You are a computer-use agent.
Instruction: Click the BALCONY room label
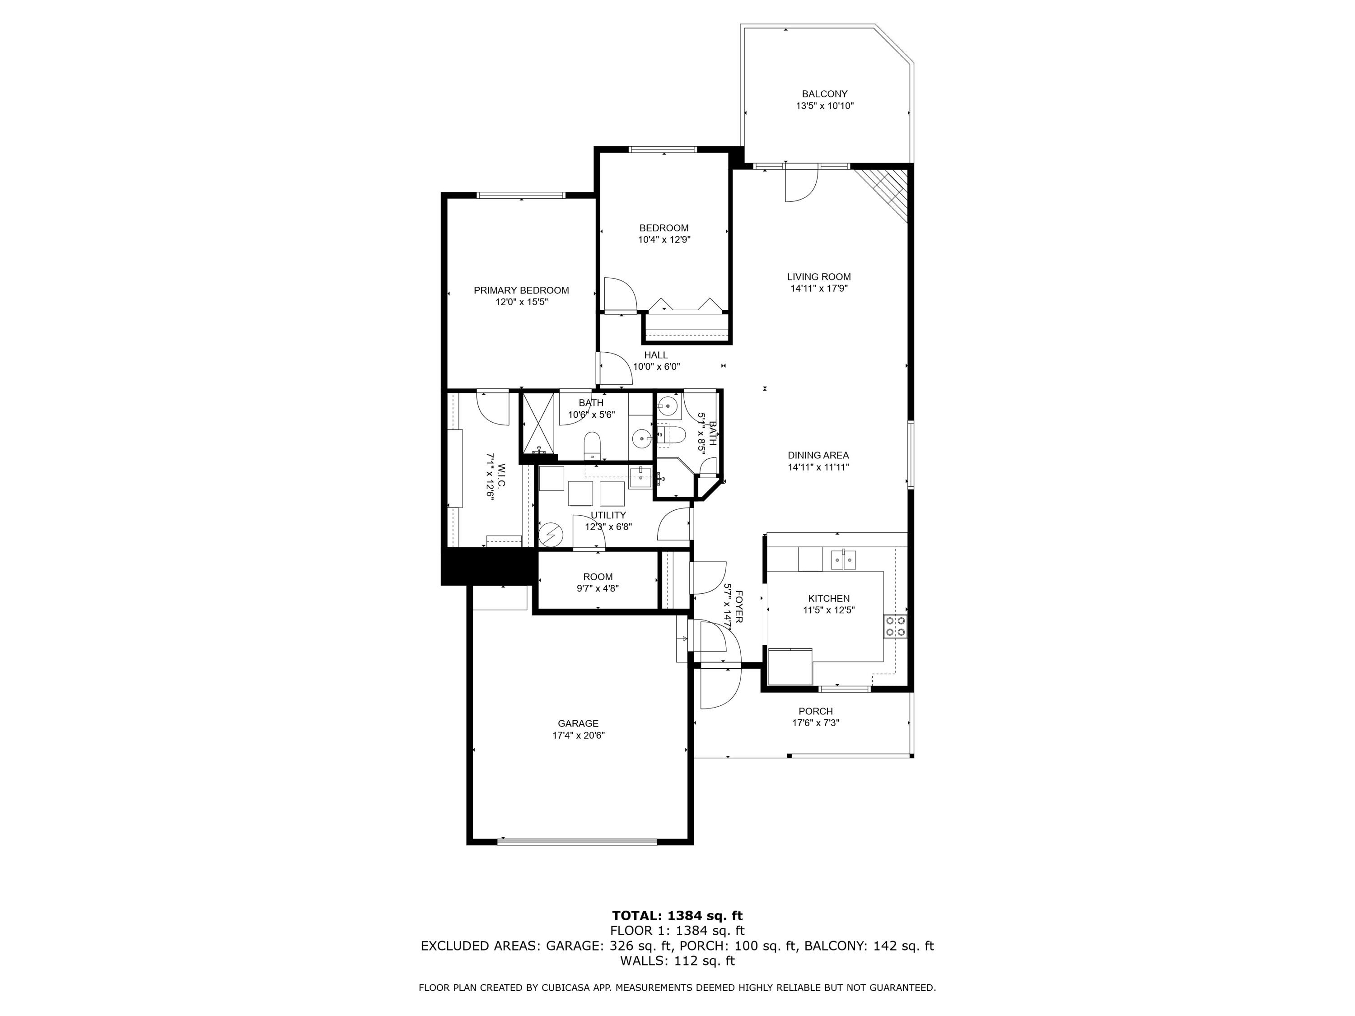(x=824, y=94)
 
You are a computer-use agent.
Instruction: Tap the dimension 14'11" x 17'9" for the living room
(x=818, y=289)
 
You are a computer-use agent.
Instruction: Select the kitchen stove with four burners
(x=895, y=626)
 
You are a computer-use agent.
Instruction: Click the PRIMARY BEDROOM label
(x=521, y=290)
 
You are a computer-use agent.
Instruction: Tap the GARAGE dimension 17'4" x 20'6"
(x=578, y=736)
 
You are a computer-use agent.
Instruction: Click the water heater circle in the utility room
(x=551, y=535)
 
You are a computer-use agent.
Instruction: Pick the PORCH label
(x=815, y=711)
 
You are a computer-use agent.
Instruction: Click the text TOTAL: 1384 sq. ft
(x=677, y=916)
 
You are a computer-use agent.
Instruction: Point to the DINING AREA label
(x=818, y=455)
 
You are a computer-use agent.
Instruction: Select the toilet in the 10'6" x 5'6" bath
(x=592, y=443)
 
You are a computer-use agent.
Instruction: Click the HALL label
(x=655, y=355)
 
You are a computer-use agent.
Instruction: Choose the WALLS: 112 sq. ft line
(x=677, y=960)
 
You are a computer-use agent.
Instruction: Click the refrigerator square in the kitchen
(x=790, y=666)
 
